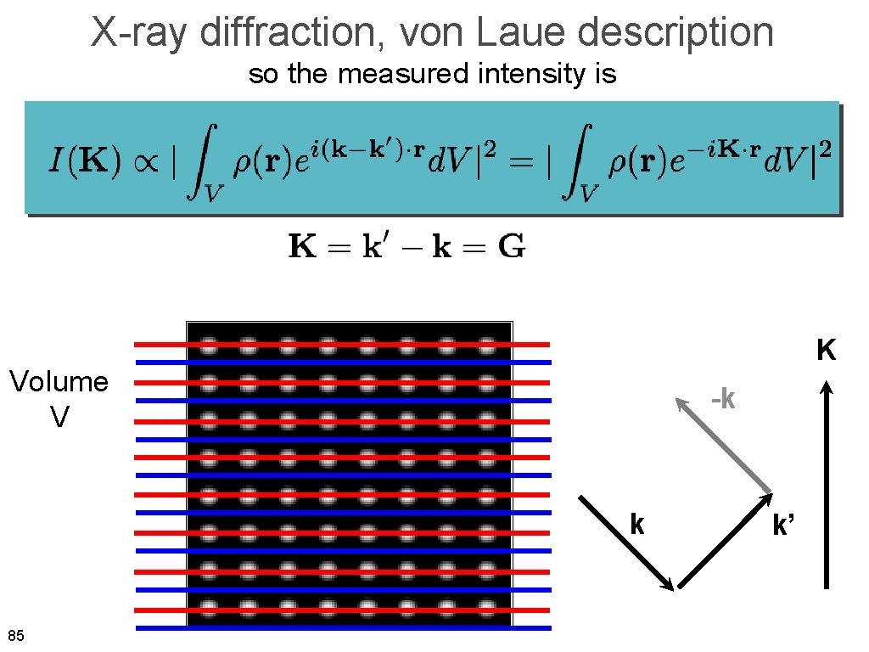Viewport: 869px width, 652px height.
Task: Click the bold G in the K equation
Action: pyautogui.click(x=511, y=248)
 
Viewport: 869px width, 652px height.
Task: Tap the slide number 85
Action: pyautogui.click(x=15, y=636)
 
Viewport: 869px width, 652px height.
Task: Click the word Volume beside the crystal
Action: pyautogui.click(x=59, y=382)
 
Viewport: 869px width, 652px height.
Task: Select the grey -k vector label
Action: pyautogui.click(x=723, y=397)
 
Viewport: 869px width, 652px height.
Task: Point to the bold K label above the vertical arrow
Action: pyautogui.click(x=827, y=350)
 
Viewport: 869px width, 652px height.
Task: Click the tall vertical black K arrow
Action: pyautogui.click(x=827, y=484)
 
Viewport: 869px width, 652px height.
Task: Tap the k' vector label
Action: pyautogui.click(x=782, y=526)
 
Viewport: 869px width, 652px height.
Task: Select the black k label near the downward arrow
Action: pyautogui.click(x=636, y=525)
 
